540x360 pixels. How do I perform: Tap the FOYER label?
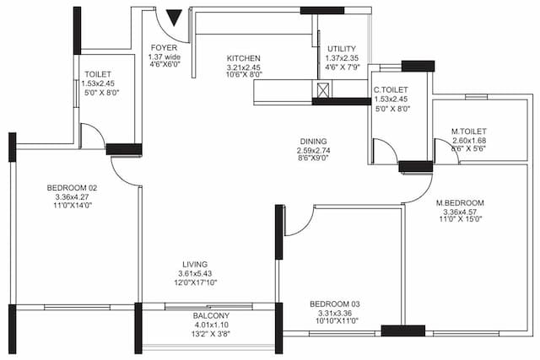tap(163, 47)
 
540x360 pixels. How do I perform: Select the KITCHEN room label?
tap(243, 58)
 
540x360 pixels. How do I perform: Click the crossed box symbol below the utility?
tap(322, 90)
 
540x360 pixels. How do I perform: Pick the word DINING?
tap(312, 142)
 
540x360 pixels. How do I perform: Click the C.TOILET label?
tap(391, 89)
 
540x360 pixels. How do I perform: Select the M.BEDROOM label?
tap(460, 203)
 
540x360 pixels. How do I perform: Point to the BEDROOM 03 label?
tap(334, 304)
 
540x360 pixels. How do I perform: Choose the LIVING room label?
tap(195, 264)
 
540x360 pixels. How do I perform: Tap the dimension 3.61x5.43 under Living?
tap(195, 273)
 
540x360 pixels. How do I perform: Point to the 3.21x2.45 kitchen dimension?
tap(244, 67)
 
